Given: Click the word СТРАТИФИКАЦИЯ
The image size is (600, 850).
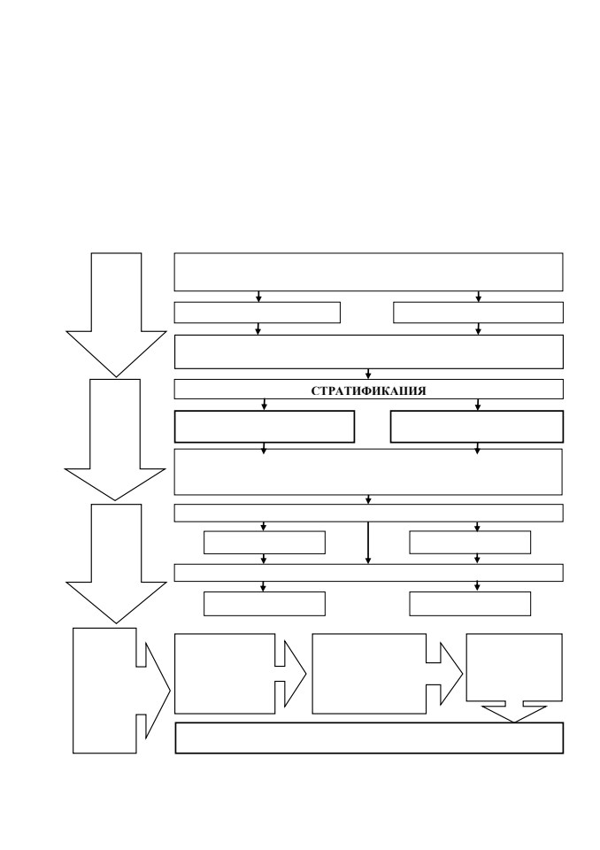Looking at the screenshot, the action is [368, 390].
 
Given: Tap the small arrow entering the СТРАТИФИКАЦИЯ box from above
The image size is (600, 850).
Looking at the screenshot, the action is [368, 374].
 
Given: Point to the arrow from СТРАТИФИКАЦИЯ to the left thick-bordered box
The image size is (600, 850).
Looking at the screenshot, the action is [265, 405].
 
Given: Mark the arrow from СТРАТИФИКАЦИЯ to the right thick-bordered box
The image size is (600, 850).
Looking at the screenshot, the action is [478, 405].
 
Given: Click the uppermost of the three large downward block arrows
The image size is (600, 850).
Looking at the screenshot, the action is [116, 314].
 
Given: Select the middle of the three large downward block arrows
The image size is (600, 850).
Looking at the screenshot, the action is [115, 439].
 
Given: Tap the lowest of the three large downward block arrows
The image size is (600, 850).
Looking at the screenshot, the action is [116, 564].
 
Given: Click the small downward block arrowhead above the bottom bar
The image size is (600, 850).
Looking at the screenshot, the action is [514, 714].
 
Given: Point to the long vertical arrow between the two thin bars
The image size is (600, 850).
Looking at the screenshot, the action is [368, 543].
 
